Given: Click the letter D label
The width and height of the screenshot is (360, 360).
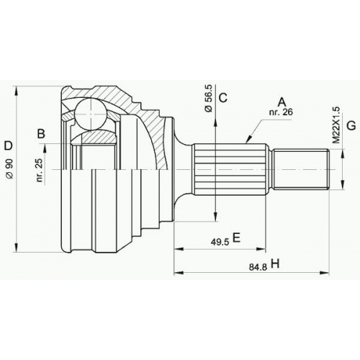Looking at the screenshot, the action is click(x=8, y=145).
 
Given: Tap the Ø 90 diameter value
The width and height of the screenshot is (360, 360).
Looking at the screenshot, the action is click(x=10, y=168).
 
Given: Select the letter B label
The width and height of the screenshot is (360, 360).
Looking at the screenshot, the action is click(x=41, y=133).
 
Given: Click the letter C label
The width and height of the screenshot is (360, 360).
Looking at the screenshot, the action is click(x=223, y=97).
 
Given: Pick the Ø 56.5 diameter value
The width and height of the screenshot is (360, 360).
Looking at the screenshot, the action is click(x=208, y=98).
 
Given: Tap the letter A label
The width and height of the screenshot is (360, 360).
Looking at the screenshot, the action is click(x=282, y=102).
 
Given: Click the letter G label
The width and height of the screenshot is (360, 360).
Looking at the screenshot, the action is click(x=351, y=126).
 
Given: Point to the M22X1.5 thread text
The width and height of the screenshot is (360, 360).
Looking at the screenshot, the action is click(x=337, y=125).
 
